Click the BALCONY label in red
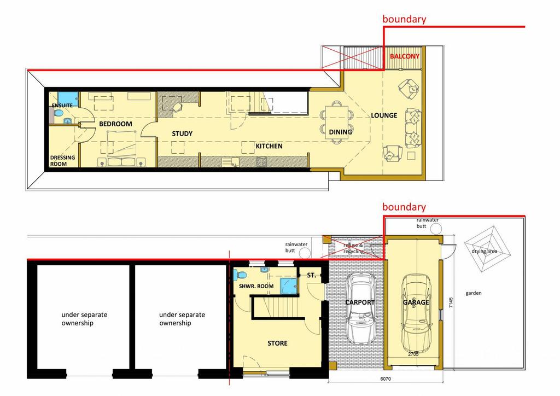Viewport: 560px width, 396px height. pos(404,56)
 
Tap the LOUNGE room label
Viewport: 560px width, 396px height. pos(384,115)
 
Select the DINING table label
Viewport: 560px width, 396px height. pos(340,132)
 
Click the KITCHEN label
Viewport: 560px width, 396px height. pos(269,146)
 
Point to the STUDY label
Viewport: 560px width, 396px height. pos(182,134)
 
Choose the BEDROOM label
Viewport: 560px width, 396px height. pos(116,124)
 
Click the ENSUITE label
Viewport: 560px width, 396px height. pos(62,106)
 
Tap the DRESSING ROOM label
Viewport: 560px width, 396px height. pos(62,161)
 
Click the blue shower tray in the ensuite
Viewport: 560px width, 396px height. pos(68,97)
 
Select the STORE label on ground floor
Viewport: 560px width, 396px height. pos(277,343)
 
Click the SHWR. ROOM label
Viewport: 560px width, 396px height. pos(256,287)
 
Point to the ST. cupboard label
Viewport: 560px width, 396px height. pos(311,275)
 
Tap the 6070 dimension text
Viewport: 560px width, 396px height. pos(386,379)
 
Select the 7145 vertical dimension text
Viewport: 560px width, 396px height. pos(451,302)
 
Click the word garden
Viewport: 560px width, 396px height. pos(474,293)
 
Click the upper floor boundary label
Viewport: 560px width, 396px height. pos(404,19)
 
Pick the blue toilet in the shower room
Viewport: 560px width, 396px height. pos(240,275)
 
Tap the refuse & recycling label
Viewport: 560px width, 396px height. pos(353,248)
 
